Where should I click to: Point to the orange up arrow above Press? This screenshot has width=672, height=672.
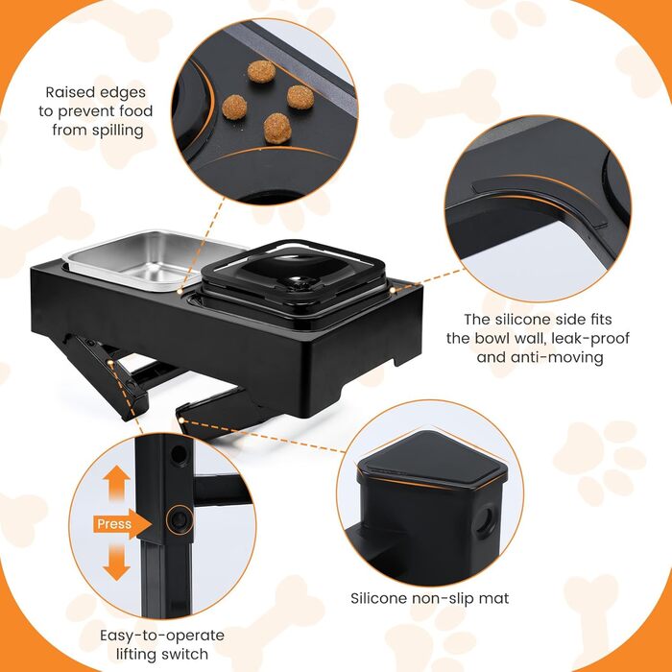tap(116, 484)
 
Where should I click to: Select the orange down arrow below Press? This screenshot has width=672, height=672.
tap(116, 562)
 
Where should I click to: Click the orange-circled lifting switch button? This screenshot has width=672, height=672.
tap(180, 520)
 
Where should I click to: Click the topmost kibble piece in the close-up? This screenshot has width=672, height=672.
tap(261, 71)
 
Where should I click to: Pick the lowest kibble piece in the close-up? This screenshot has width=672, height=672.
tap(277, 128)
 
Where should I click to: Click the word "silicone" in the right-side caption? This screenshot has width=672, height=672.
tap(523, 320)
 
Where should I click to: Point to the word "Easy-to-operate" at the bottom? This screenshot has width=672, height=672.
tap(162, 636)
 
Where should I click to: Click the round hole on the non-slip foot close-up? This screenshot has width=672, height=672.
tap(487, 520)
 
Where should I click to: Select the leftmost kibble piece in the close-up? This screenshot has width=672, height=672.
tap(234, 108)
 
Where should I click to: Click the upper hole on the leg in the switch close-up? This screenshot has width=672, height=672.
tap(180, 455)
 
